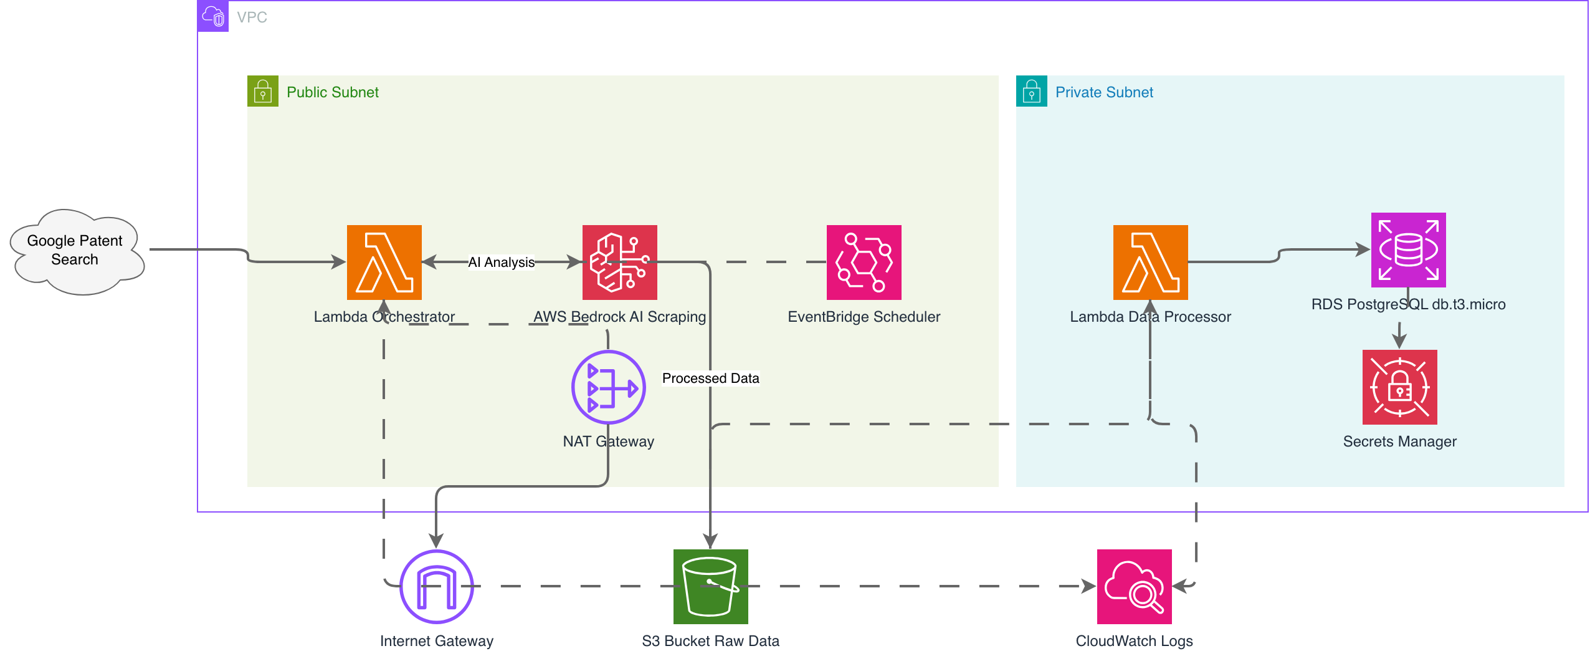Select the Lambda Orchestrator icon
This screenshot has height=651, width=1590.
point(384,263)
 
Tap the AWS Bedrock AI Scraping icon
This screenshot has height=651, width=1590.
point(620,263)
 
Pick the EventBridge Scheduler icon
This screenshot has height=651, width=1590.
point(864,263)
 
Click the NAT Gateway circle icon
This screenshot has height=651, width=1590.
point(609,387)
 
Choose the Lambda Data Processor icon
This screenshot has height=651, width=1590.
point(1151,263)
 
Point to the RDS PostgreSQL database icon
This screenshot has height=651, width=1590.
point(1409,250)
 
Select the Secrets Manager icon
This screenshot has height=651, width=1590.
point(1400,387)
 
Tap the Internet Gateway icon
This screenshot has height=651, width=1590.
point(437,587)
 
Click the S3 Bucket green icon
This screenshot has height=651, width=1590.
point(711,587)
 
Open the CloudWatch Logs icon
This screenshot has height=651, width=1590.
point(1135,587)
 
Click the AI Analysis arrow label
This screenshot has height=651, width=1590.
point(502,263)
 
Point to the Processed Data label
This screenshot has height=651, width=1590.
point(711,379)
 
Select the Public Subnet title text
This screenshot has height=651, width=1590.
point(333,92)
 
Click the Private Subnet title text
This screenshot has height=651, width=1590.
point(1104,92)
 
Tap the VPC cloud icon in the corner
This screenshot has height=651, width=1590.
point(213,16)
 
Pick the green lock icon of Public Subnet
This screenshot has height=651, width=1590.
point(263,91)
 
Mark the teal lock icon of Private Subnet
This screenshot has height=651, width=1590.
point(1032,91)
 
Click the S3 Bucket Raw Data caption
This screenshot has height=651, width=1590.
point(711,641)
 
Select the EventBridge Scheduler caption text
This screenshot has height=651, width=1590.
point(864,317)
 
